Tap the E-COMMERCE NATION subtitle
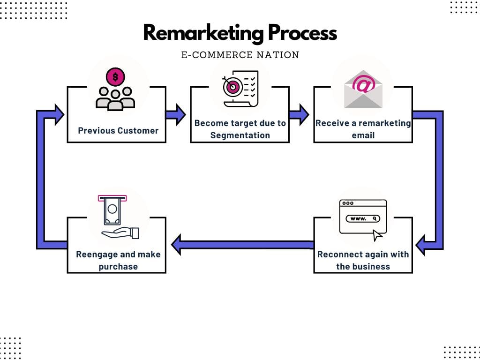(240, 55)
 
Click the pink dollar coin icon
(115, 76)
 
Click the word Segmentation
(240, 135)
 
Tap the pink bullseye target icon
(231, 87)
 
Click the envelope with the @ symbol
(363, 89)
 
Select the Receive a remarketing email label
(363, 129)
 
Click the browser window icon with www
(362, 217)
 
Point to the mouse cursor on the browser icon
(377, 235)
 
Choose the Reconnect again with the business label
(363, 260)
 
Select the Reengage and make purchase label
(118, 260)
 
